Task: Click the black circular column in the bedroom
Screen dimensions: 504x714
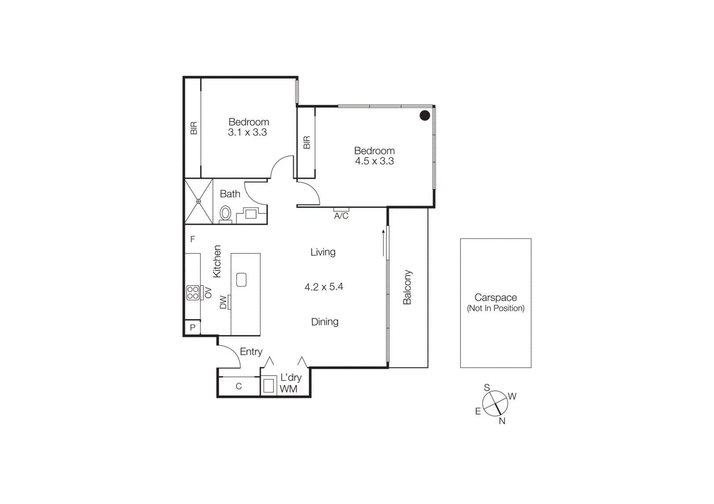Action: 425,116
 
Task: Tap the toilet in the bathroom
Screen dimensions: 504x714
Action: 226,213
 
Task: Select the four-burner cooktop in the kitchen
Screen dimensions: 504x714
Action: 193,293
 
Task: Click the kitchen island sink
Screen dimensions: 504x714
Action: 241,280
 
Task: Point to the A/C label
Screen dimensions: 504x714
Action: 341,216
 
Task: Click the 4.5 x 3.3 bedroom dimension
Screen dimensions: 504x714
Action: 374,161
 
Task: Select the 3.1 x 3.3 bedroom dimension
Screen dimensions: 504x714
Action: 247,132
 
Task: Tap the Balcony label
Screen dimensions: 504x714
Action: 407,287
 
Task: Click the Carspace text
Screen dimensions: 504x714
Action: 495,297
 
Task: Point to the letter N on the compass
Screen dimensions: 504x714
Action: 502,421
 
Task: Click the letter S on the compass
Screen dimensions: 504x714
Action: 487,388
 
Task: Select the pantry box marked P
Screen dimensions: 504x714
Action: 193,328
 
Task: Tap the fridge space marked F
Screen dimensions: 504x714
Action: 193,239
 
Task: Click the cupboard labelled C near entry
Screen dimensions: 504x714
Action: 239,386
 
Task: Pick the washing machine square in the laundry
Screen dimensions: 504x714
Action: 269,385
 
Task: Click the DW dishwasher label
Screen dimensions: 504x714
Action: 223,303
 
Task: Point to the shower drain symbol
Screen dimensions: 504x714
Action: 199,201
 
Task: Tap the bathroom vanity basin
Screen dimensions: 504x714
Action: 251,214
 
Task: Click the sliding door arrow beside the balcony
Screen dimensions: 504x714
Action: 383,243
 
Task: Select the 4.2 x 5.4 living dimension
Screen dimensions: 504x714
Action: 324,287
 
